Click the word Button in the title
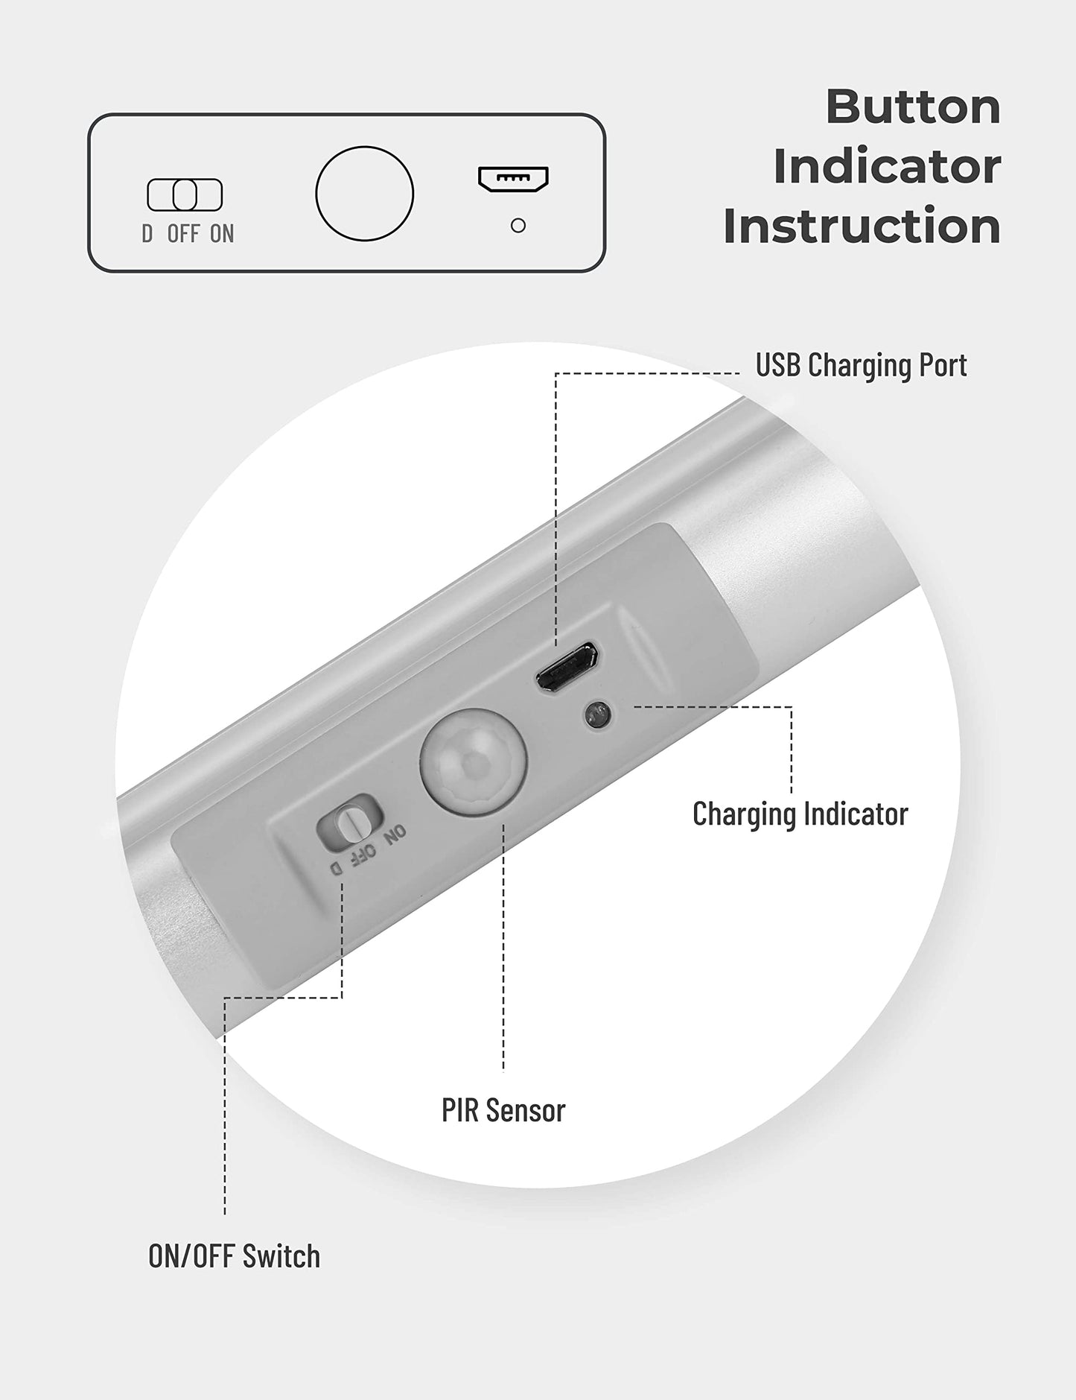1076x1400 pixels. (x=913, y=107)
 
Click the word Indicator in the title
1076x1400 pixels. (x=887, y=166)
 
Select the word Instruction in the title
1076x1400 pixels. (x=862, y=226)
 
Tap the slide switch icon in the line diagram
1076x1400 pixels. (x=185, y=195)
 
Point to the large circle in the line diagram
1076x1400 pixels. (x=364, y=194)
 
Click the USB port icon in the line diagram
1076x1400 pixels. (x=513, y=179)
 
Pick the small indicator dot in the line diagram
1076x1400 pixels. (x=518, y=225)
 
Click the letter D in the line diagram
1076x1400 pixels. (x=147, y=234)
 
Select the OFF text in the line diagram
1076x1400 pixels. (x=183, y=234)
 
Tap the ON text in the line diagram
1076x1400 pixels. (x=222, y=234)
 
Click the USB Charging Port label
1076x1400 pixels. (x=861, y=365)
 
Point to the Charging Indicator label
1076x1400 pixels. (x=800, y=814)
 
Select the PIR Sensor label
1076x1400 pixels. (x=503, y=1110)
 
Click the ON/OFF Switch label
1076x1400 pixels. (x=234, y=1256)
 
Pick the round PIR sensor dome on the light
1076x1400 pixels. (x=474, y=761)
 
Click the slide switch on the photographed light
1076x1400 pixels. (x=348, y=823)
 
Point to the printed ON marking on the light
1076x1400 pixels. (x=395, y=833)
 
